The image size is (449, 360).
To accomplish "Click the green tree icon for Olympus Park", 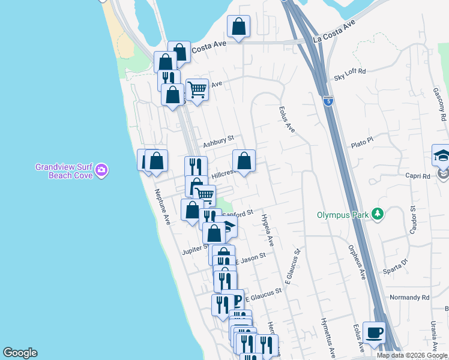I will (x=378, y=214).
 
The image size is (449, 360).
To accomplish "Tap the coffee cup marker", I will (x=375, y=332).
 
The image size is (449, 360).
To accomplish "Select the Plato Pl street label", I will (x=362, y=142).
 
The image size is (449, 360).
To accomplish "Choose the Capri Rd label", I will (x=418, y=176).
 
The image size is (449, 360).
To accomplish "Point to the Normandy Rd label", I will (x=409, y=297).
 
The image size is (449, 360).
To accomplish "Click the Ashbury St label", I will (x=217, y=142).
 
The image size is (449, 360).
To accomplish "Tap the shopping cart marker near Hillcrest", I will (x=205, y=194).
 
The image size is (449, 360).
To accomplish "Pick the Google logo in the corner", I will (x=20, y=353).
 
